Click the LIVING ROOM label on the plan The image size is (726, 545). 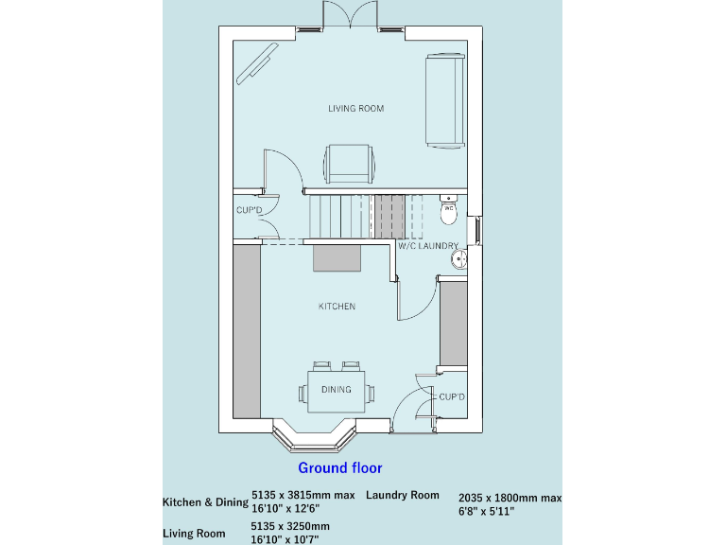pyautogui.click(x=355, y=109)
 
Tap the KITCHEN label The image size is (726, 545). pyautogui.click(x=337, y=307)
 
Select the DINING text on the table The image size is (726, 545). pyautogui.click(x=336, y=390)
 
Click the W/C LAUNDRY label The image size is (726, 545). pyautogui.click(x=427, y=246)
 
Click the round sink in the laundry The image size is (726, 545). pyautogui.click(x=459, y=259)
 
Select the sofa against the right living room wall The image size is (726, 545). pyautogui.click(x=445, y=99)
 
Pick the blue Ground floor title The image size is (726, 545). pyautogui.click(x=340, y=467)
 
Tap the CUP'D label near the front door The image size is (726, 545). pyautogui.click(x=452, y=396)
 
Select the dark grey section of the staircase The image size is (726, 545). pyautogui.click(x=387, y=216)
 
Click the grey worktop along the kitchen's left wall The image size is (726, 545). pyautogui.click(x=247, y=331)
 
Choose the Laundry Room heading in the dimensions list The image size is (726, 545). pyautogui.click(x=403, y=495)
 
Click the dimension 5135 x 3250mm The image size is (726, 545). pyautogui.click(x=290, y=526)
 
